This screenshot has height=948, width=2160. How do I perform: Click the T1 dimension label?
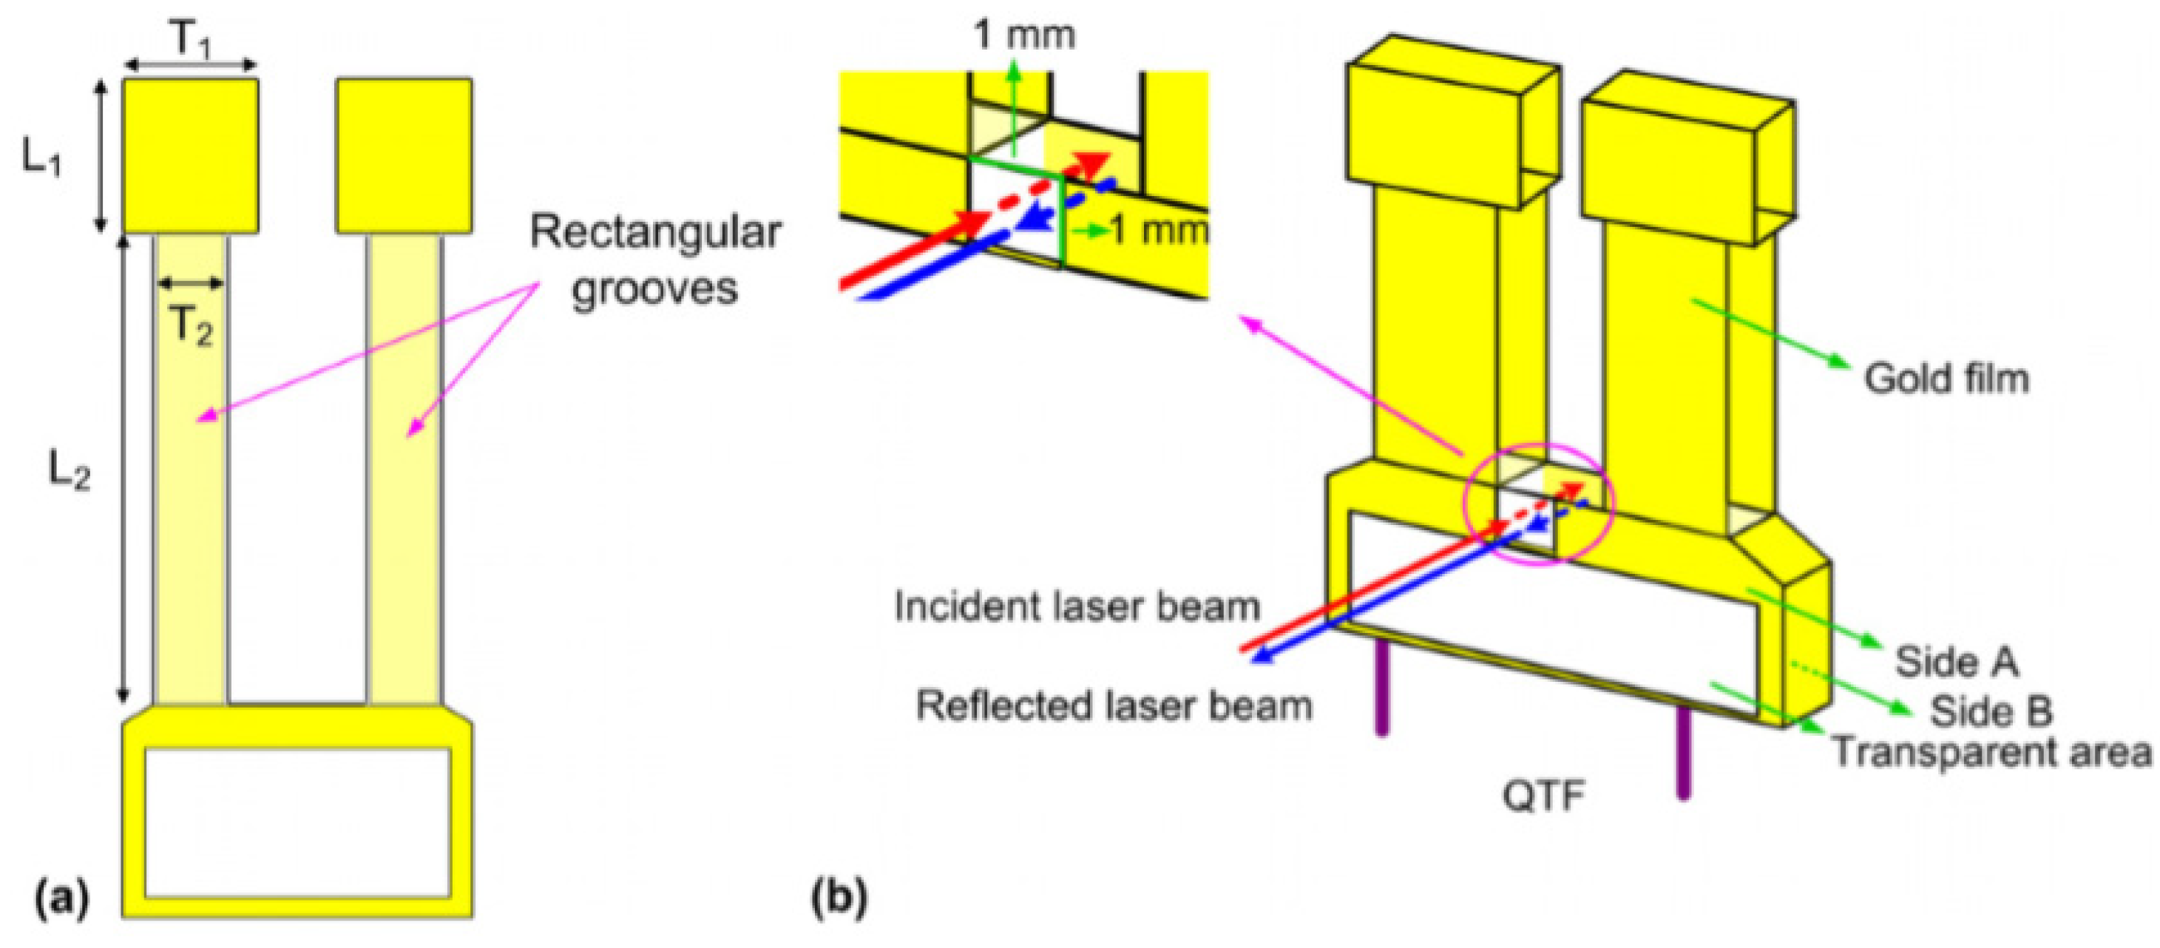[x=192, y=38]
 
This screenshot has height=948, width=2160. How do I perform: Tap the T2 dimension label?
[x=192, y=325]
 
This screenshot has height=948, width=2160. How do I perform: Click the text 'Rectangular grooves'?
[x=655, y=260]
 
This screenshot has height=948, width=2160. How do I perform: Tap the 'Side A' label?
[x=1956, y=661]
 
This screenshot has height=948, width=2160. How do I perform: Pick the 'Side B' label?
[x=1991, y=711]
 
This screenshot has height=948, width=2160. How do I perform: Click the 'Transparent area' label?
[x=1991, y=751]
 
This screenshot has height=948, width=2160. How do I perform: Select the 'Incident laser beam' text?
[x=1077, y=606]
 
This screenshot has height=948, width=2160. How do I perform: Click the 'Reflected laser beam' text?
[x=1114, y=705]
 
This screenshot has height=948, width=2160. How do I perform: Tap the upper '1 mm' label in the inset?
[x=1024, y=35]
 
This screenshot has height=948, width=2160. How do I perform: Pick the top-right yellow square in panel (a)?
[x=404, y=156]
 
